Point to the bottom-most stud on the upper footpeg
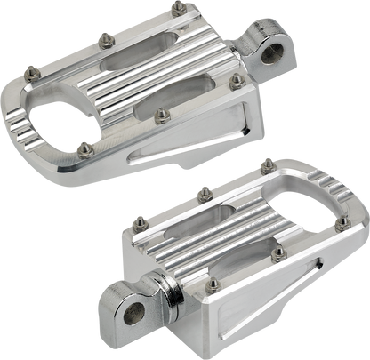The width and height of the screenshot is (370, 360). [x=84, y=147]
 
